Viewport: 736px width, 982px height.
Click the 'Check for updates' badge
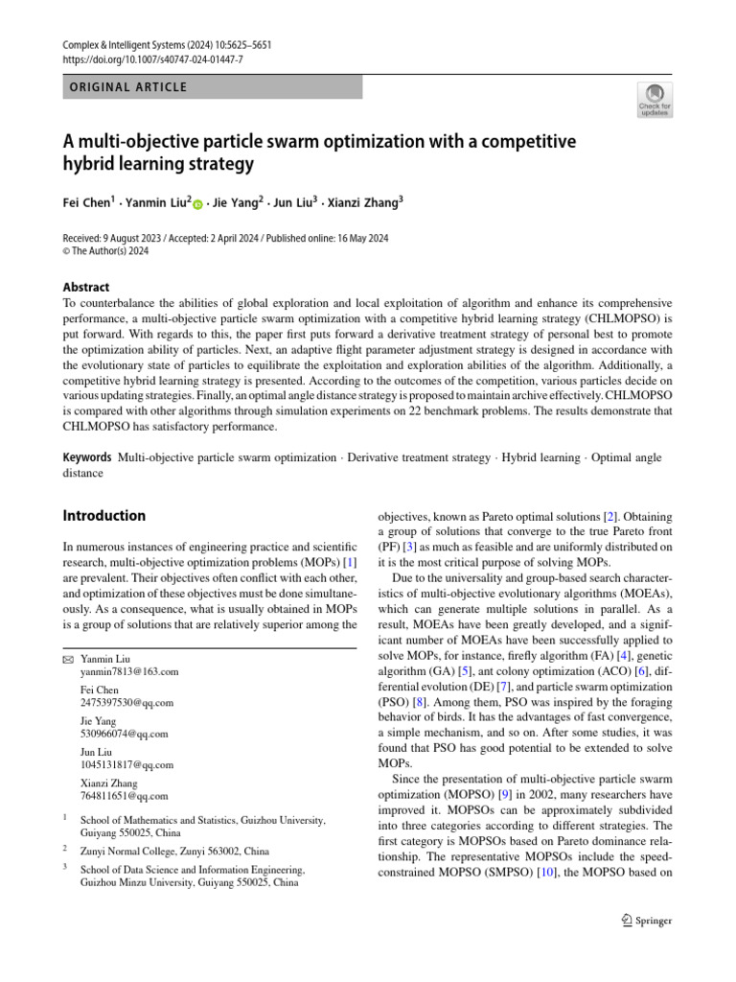click(x=654, y=99)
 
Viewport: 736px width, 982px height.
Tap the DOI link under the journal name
click(x=153, y=59)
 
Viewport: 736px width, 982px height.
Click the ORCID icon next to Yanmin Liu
click(x=199, y=204)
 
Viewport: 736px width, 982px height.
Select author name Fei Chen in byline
click(x=87, y=203)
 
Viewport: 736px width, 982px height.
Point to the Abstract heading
click(x=86, y=287)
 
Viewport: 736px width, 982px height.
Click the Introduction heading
click(x=103, y=516)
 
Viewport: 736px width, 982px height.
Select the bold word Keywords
click(x=86, y=458)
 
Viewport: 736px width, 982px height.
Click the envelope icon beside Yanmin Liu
click(x=67, y=660)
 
